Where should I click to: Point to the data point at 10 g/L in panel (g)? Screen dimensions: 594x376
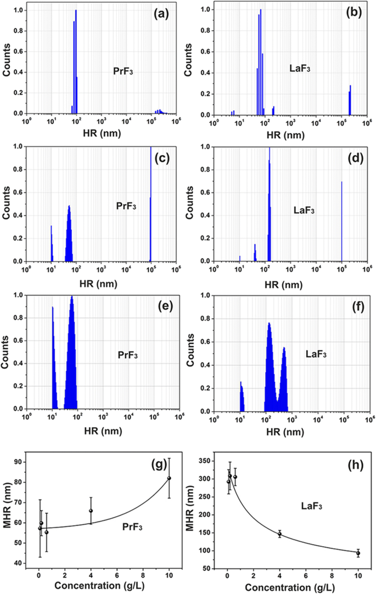pos(169,478)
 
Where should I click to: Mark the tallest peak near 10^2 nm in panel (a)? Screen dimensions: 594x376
pos(76,60)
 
